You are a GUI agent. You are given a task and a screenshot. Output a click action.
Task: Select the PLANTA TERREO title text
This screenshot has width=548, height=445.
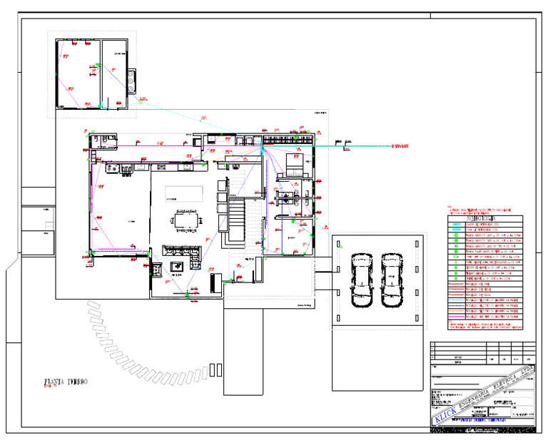click(66, 382)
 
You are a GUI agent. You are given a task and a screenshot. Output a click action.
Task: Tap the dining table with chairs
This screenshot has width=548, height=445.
click(186, 220)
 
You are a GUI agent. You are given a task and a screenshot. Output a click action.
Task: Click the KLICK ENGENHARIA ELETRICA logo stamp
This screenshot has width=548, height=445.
click(484, 397)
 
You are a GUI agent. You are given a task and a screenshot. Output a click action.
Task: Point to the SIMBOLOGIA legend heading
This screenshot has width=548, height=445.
click(484, 218)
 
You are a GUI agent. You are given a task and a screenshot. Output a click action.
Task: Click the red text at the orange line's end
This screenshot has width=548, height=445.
click(399, 146)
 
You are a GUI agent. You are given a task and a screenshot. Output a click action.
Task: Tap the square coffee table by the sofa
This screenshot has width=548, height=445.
click(176, 267)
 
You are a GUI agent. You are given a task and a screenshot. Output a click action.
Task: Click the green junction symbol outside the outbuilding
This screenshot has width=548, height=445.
click(141, 101)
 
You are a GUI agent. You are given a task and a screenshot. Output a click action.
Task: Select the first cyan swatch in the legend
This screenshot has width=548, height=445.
click(456, 224)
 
